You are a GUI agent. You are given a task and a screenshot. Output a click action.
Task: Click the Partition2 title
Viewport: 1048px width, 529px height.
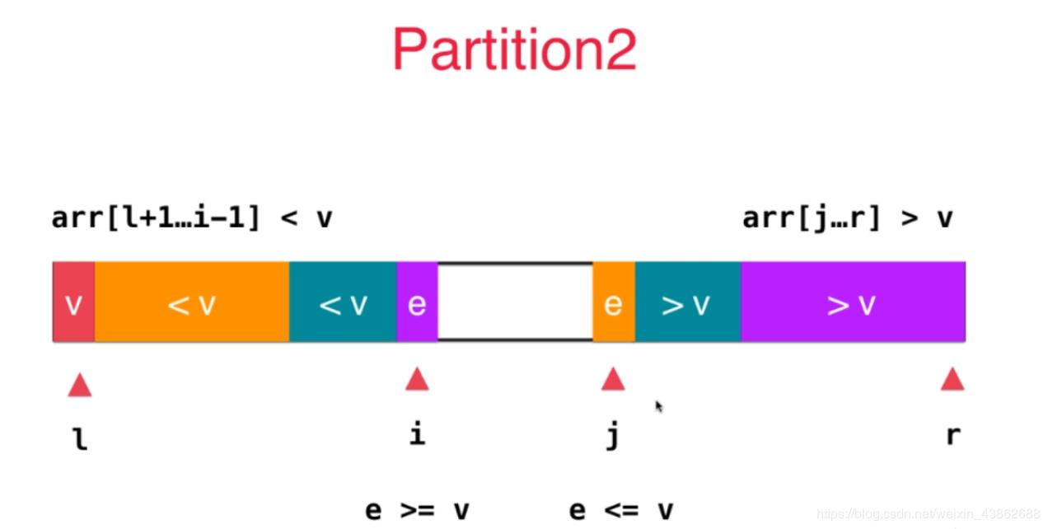point(514,49)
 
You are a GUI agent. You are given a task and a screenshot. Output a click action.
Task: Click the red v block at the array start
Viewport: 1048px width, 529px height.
point(73,303)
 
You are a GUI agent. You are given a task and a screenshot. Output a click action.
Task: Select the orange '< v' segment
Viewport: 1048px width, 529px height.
point(191,303)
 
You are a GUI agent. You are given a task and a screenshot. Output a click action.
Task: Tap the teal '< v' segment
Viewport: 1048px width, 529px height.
point(343,303)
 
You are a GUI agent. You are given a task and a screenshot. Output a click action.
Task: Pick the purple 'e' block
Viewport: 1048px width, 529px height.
point(417,303)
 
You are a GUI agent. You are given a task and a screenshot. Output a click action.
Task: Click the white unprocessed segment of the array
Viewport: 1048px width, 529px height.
point(515,302)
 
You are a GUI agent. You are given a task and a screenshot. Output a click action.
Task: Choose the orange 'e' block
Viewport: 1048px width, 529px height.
point(613,303)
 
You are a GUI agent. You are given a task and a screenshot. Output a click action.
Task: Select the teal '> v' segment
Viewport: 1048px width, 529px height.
point(687,303)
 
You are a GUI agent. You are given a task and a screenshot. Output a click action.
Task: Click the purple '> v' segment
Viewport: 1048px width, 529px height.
point(852,303)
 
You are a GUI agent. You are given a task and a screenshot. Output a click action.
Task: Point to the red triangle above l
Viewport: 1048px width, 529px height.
point(80,385)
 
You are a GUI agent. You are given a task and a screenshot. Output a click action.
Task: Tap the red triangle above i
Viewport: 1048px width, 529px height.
point(417,379)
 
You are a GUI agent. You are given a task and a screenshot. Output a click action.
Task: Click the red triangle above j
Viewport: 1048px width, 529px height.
point(612,379)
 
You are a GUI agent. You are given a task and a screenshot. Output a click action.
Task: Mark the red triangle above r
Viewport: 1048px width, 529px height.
point(952,379)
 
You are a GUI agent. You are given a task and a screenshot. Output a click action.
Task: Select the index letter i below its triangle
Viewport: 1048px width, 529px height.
point(417,433)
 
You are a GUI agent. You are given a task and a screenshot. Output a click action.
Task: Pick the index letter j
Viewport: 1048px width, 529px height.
point(612,435)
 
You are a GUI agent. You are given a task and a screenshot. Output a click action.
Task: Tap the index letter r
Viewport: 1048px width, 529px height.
point(952,435)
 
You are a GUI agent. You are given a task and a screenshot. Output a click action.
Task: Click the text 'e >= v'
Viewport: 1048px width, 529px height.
point(417,510)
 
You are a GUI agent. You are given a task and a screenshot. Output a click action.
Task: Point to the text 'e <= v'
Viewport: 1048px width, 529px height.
point(620,510)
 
